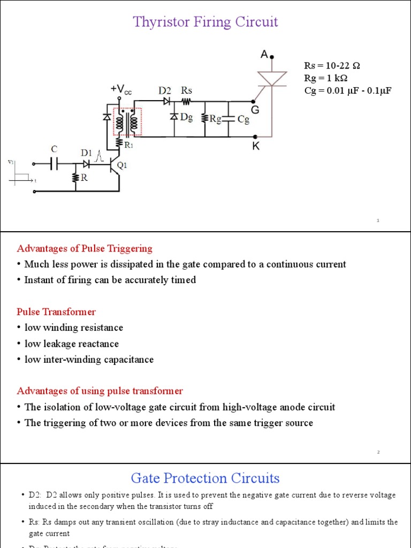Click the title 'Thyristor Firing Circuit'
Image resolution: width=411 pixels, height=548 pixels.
coord(205,22)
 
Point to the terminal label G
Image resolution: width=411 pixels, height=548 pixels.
coord(255,109)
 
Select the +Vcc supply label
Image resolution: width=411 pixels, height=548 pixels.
coord(121,89)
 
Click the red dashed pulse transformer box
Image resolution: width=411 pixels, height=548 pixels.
coord(127,122)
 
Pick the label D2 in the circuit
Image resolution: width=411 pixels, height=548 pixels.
coord(164,90)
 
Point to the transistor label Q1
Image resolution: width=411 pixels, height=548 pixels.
coord(122,165)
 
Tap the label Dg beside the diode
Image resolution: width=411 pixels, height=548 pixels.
coord(186,117)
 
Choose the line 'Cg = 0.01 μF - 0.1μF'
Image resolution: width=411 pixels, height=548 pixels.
coord(348,90)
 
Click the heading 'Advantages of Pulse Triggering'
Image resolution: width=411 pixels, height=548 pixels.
coord(85,248)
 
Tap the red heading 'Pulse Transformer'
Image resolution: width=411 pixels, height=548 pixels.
coord(56,311)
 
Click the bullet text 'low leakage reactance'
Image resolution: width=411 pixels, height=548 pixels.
coord(72,344)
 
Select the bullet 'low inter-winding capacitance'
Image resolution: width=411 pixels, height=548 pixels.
coord(89,360)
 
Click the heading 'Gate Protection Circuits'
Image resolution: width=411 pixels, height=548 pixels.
coord(205,478)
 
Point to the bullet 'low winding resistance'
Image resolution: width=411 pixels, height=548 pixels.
coord(74,328)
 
